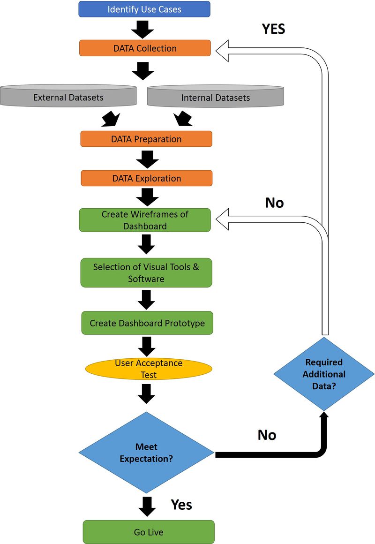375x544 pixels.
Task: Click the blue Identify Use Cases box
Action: click(144, 9)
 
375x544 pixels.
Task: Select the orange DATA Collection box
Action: click(145, 48)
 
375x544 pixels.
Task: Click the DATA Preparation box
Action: click(146, 139)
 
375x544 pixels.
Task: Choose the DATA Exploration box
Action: click(146, 178)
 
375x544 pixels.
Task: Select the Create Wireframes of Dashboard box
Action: click(144, 220)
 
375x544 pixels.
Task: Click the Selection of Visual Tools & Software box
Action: click(146, 272)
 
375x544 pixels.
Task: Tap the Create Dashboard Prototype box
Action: click(147, 323)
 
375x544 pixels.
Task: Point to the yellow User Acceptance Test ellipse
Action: click(148, 369)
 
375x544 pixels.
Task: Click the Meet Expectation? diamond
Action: click(146, 453)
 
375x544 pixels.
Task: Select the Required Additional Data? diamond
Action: click(324, 374)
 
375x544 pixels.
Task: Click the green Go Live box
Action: click(148, 532)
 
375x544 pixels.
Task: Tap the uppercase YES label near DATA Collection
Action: click(273, 29)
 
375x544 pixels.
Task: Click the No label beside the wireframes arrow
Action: click(274, 203)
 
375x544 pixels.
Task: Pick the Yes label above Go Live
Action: click(181, 504)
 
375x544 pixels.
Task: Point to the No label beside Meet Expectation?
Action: click(267, 435)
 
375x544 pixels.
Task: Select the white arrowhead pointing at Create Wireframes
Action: click(223, 219)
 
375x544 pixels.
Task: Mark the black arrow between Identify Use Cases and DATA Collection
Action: click(142, 29)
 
